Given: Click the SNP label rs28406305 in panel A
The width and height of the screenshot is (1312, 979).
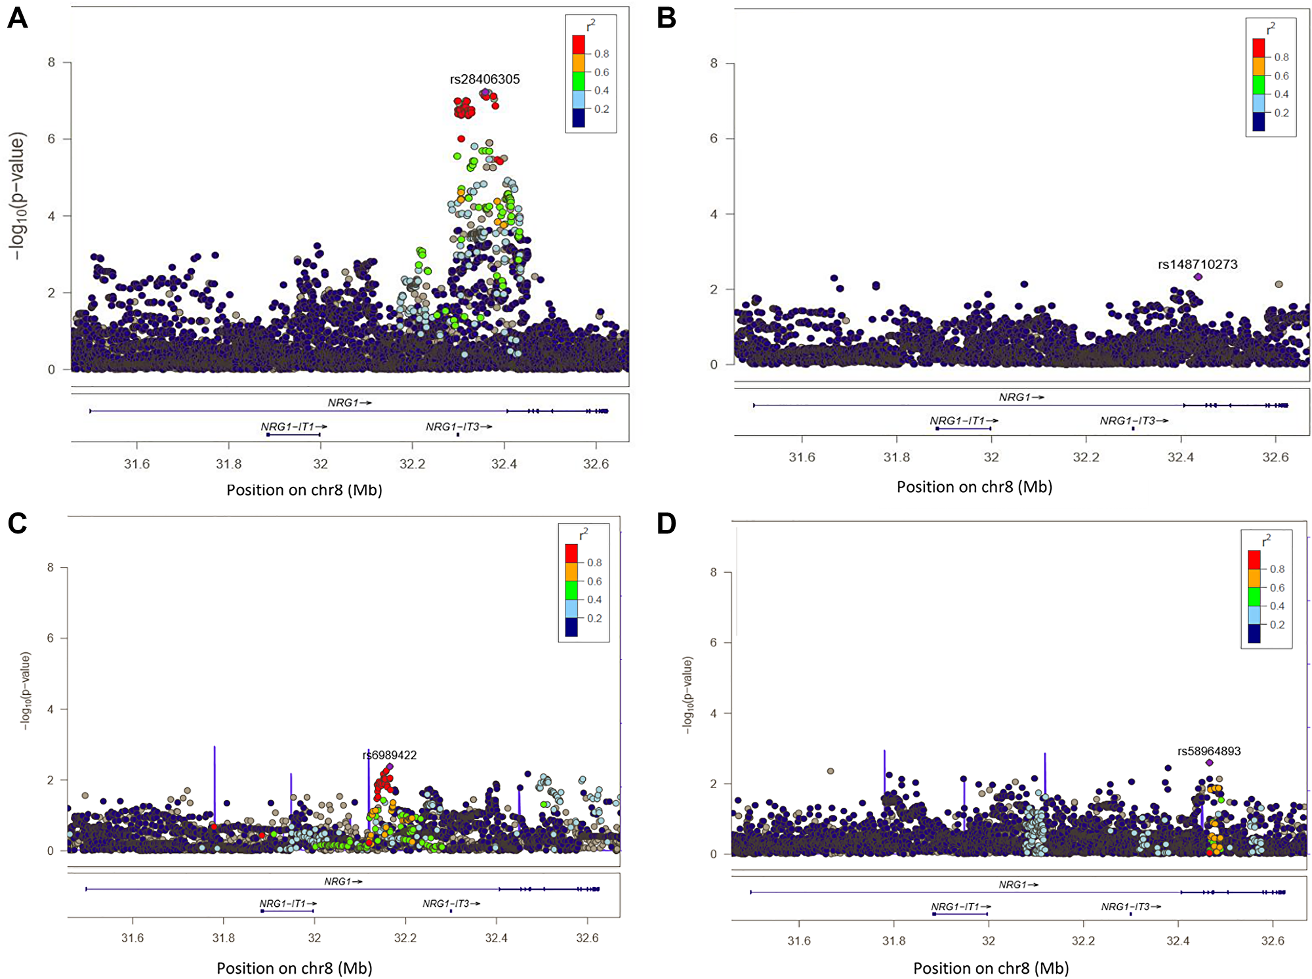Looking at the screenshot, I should [x=484, y=79].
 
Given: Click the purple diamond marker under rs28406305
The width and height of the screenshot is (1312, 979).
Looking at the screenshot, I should [x=485, y=93].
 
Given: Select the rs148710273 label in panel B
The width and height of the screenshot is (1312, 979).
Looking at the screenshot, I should [x=1197, y=264].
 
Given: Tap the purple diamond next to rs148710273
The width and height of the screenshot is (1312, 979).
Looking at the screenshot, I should [x=1198, y=277].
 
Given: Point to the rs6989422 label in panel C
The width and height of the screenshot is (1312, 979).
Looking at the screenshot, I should [x=390, y=755].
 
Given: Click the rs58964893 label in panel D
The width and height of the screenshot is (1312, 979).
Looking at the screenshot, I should [x=1208, y=751].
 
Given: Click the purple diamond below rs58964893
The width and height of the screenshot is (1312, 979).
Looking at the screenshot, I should [x=1209, y=762].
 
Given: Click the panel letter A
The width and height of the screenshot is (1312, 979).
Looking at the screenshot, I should [x=18, y=18].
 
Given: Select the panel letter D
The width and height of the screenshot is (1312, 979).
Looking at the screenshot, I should [x=666, y=524].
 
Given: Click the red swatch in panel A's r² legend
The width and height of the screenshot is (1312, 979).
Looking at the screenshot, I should [x=579, y=45].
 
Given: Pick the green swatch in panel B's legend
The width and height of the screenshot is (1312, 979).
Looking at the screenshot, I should [x=1258, y=85].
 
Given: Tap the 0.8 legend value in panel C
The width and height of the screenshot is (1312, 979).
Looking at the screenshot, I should [x=594, y=563].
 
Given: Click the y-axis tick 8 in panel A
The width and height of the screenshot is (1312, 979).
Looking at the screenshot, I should [x=51, y=62].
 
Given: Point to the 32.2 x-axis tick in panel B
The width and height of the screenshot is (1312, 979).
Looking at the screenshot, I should [x=1085, y=457].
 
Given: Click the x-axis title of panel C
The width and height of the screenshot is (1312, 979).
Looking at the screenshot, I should [x=294, y=969].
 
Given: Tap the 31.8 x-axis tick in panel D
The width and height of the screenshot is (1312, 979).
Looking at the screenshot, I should [x=893, y=941].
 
